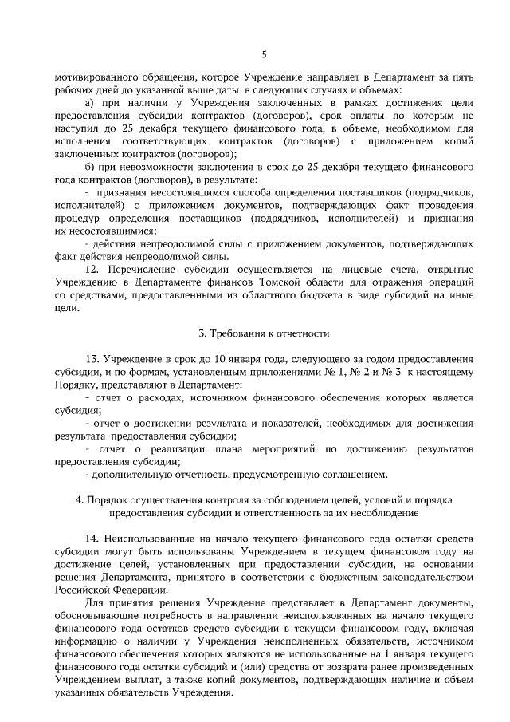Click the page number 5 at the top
point(264,54)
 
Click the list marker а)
point(90,103)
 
